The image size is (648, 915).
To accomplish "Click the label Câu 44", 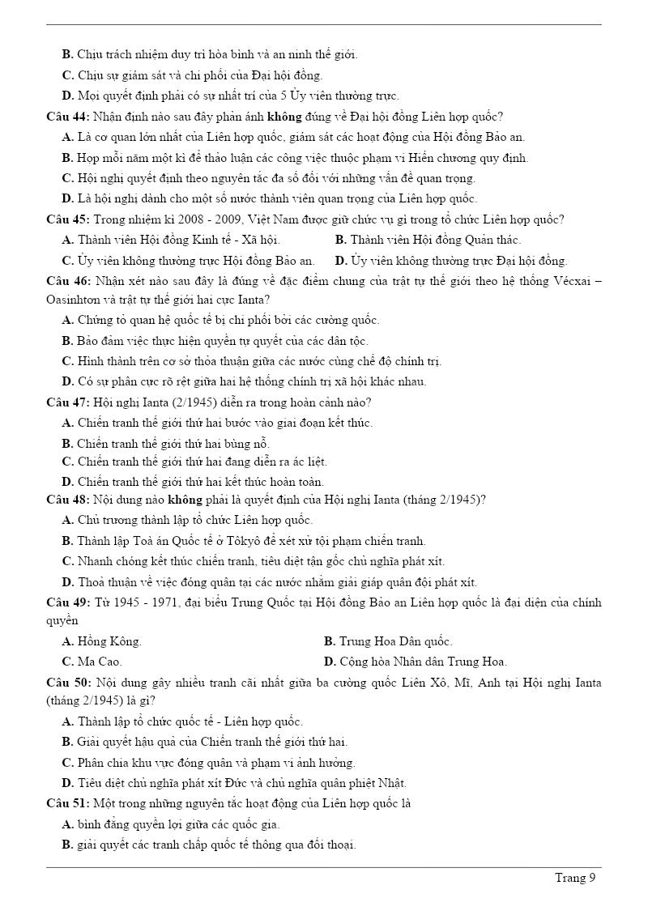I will [67, 117].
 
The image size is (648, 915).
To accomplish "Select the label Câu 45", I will [67, 219].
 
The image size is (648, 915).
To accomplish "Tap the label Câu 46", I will [67, 281].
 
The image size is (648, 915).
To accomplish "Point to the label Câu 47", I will [67, 402].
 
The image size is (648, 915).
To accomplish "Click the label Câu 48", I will [67, 500].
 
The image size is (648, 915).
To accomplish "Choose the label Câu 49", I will [67, 602].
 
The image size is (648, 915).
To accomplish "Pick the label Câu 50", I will [67, 683].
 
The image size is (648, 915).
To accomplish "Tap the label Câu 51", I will [67, 804].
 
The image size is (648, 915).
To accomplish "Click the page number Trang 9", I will [575, 878].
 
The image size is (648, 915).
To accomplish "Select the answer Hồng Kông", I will [109, 641].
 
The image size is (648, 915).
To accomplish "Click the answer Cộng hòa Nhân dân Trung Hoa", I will [423, 662].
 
